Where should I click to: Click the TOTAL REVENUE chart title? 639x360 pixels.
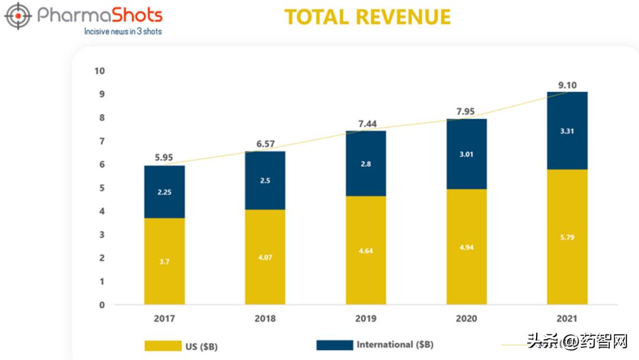coord(367,17)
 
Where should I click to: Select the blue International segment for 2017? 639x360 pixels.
coord(164,192)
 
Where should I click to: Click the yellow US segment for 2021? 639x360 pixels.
coord(567,237)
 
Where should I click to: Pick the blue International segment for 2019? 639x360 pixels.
coord(366,163)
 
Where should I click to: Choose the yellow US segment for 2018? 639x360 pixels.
coord(265,257)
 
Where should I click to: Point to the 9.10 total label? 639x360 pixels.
coord(567,85)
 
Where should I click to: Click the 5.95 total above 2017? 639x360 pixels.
coord(164,158)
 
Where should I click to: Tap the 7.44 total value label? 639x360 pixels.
coord(366,124)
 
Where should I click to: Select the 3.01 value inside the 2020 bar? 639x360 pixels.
coord(467,154)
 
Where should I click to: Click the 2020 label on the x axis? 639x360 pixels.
coord(467,319)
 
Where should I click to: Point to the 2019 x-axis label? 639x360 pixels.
coord(366,319)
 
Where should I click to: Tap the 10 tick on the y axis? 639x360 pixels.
coord(99,71)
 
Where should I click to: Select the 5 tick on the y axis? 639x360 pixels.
coord(102,188)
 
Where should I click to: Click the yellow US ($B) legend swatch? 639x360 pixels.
coord(162,346)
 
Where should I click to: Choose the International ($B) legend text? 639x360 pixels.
coord(395,345)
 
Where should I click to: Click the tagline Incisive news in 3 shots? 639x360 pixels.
coord(123,31)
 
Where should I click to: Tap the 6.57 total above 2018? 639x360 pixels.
coord(265,144)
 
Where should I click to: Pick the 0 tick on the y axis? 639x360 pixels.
coord(102,305)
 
